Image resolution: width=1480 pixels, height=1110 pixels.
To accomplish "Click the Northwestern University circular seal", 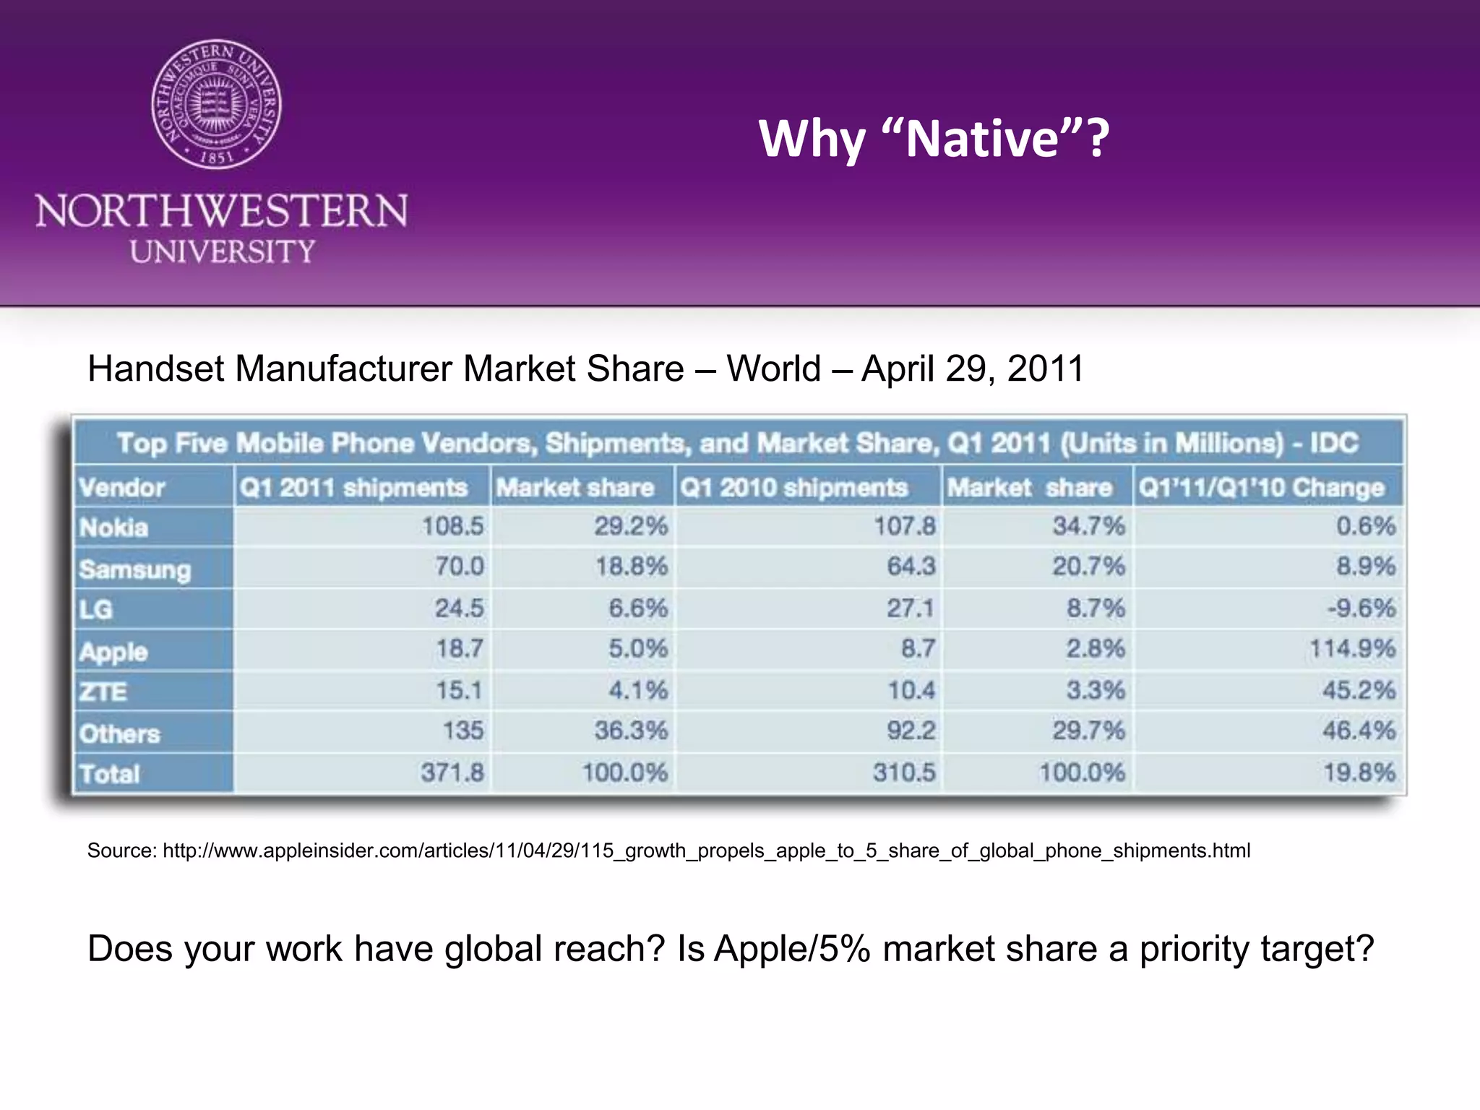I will point(217,104).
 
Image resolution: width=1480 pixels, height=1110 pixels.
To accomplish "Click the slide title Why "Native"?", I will point(934,138).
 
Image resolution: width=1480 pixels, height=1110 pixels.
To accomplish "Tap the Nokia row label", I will point(114,528).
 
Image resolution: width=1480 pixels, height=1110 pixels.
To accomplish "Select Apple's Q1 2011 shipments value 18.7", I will point(459,648).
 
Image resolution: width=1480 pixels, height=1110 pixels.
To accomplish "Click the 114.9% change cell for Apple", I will point(1352,648).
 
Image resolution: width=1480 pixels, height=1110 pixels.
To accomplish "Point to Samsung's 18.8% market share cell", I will point(631,566).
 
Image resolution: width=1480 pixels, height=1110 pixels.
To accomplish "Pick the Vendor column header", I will point(122,487).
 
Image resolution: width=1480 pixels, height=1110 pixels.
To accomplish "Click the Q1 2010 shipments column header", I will point(793,487).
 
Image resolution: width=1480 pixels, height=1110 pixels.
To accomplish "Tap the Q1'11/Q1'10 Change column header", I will point(1262,487).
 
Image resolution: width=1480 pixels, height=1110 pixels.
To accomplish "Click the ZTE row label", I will point(103,692).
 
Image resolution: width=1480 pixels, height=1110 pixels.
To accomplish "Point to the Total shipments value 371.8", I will point(452,772).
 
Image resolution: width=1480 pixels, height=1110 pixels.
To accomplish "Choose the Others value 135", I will point(463,730).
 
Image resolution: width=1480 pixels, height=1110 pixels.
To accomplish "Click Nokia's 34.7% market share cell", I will point(1088,525).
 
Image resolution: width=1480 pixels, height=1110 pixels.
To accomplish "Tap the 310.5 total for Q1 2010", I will point(904,772).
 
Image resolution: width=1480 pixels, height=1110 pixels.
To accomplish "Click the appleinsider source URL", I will point(706,851).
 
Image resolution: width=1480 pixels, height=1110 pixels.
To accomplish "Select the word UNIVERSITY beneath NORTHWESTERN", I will point(223,251).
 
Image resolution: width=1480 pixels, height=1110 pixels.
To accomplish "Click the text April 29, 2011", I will point(973,369).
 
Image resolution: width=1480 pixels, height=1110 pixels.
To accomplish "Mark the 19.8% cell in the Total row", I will point(1359,772).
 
